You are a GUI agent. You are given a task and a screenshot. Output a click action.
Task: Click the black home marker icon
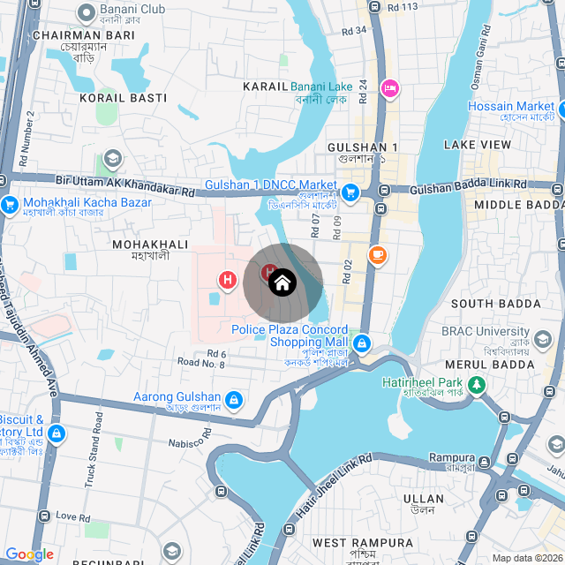282,282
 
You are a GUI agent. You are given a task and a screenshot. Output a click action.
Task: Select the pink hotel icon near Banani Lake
389,87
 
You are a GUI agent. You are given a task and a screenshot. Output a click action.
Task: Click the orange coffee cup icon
377,254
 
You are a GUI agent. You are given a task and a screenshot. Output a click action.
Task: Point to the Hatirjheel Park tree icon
477,385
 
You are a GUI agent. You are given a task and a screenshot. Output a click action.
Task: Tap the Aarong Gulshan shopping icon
234,400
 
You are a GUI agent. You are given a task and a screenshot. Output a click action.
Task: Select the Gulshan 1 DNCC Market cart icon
350,192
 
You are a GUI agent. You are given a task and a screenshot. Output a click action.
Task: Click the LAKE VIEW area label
478,144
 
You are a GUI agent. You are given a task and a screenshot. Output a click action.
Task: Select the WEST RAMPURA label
362,542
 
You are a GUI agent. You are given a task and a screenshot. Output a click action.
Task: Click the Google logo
29,554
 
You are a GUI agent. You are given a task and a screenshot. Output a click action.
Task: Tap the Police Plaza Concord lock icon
360,342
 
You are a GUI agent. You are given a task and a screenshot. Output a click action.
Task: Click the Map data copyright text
527,557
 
